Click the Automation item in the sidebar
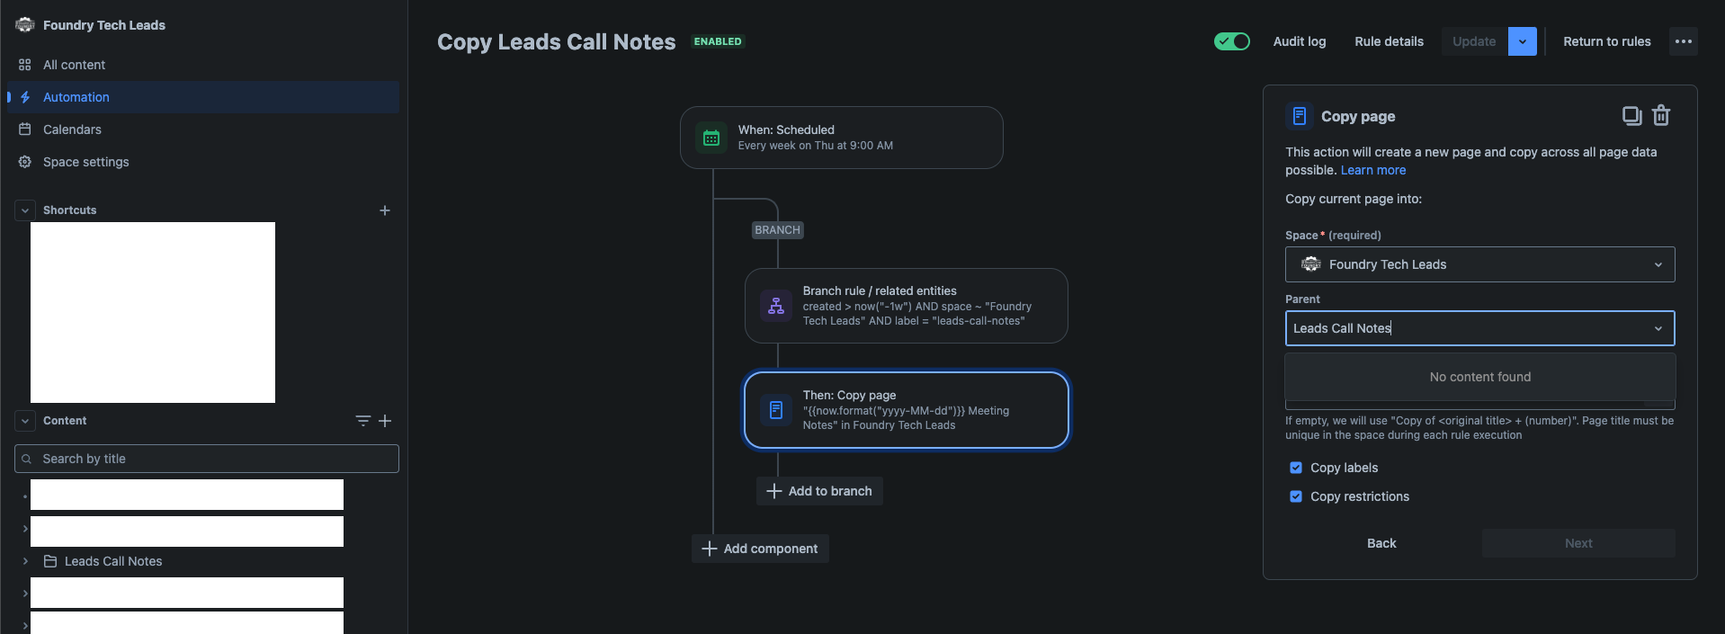click(76, 97)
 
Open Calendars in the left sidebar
click(72, 129)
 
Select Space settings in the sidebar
click(85, 162)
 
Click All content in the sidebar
click(74, 65)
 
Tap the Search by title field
click(207, 459)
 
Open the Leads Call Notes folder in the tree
click(113, 561)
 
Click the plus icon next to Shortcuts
click(385, 210)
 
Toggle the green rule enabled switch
click(1231, 41)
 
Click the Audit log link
click(1299, 41)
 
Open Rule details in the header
click(1389, 41)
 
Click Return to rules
click(1606, 41)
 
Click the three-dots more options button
click(1683, 41)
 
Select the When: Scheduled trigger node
click(841, 138)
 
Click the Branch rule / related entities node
click(906, 306)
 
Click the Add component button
click(760, 549)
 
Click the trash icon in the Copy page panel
click(1661, 116)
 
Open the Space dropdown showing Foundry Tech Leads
click(1479, 264)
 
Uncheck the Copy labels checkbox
click(1296, 468)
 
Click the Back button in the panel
click(1381, 543)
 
